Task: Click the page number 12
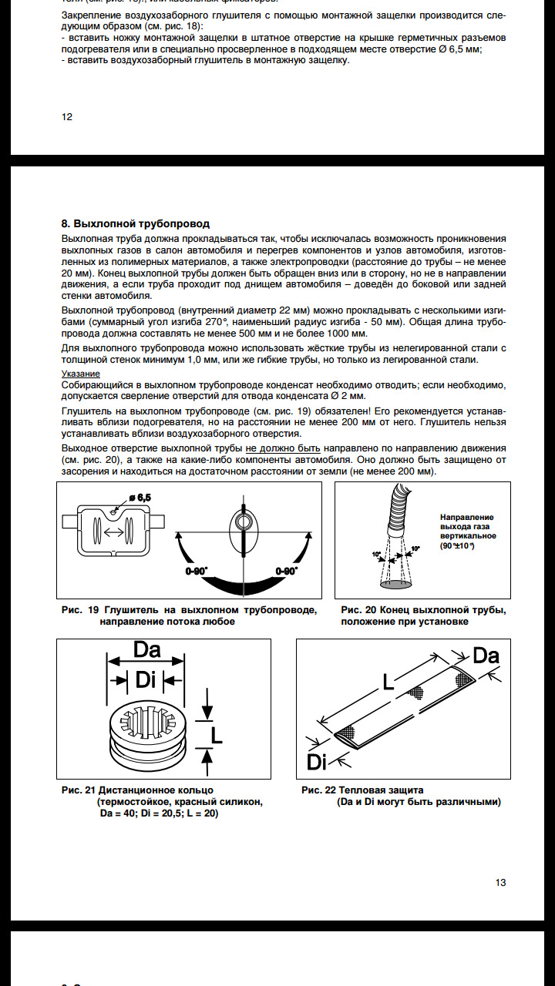(x=67, y=116)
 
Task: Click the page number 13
(x=500, y=882)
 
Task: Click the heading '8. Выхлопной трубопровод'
(x=135, y=223)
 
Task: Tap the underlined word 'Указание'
(x=81, y=374)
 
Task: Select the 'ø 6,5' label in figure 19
(x=140, y=498)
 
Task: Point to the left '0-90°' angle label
(x=197, y=572)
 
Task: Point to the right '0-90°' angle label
(x=287, y=572)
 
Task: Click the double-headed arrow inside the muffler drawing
(x=113, y=532)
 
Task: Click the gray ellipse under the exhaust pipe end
(x=396, y=585)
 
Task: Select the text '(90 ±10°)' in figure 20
(x=458, y=546)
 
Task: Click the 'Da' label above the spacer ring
(x=146, y=649)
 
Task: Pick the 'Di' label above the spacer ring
(x=146, y=679)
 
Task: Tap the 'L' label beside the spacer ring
(x=217, y=735)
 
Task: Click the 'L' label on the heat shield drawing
(x=388, y=682)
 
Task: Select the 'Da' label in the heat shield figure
(x=486, y=656)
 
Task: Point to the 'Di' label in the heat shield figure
(x=316, y=762)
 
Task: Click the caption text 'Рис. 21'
(x=79, y=790)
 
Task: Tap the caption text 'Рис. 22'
(x=318, y=790)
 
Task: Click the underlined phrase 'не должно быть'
(x=283, y=448)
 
